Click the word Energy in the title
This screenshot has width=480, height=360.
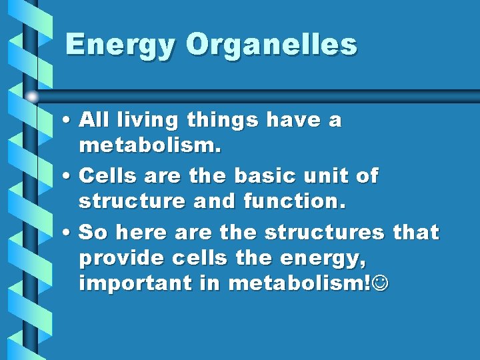coord(121,45)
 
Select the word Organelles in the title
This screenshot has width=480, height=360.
coord(271,45)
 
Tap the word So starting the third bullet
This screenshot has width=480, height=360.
coord(92,232)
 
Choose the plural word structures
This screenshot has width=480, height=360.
coord(325,232)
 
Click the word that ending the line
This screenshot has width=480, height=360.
coord(415,232)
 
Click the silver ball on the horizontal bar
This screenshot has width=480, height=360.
coord(31,97)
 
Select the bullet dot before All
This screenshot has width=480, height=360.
coord(69,121)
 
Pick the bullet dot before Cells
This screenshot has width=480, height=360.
coord(69,177)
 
